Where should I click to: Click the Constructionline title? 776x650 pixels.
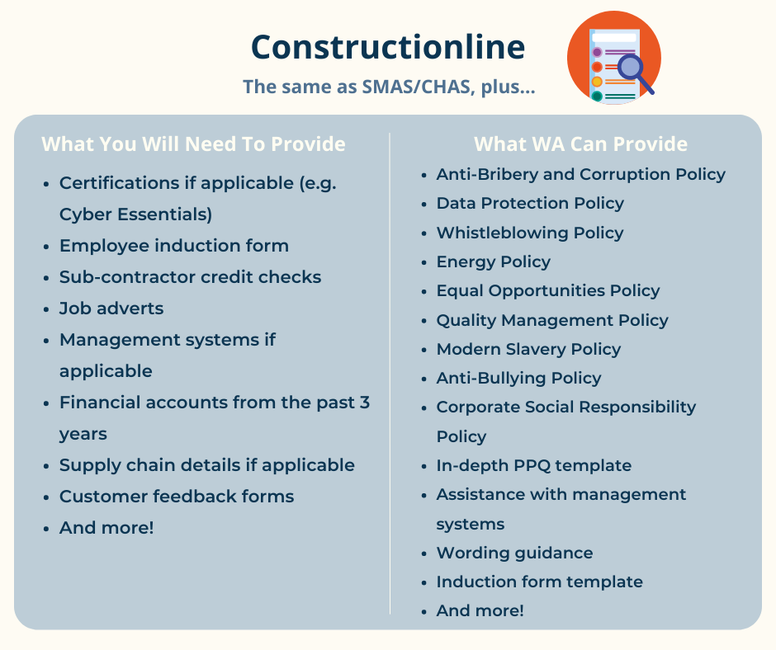388,47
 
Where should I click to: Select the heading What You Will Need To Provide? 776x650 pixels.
193,144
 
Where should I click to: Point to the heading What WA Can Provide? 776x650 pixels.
580,144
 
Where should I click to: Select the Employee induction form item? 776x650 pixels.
174,245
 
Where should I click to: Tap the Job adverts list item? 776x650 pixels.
111,309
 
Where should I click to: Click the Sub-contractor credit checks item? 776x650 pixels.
190,277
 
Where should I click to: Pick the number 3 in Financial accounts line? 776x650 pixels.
365,403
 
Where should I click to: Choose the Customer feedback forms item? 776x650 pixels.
177,496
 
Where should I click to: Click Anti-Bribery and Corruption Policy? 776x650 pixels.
581,174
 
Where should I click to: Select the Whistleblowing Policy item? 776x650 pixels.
530,233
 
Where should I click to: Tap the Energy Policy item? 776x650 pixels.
494,261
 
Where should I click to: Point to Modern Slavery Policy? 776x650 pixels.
528,349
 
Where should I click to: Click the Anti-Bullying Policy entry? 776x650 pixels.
518,378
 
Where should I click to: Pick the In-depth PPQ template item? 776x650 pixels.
534,465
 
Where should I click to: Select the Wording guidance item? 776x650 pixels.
514,553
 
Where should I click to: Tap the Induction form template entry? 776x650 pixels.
539,582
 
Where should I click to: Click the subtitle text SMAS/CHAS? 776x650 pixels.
416,87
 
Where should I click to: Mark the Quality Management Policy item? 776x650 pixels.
552,320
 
